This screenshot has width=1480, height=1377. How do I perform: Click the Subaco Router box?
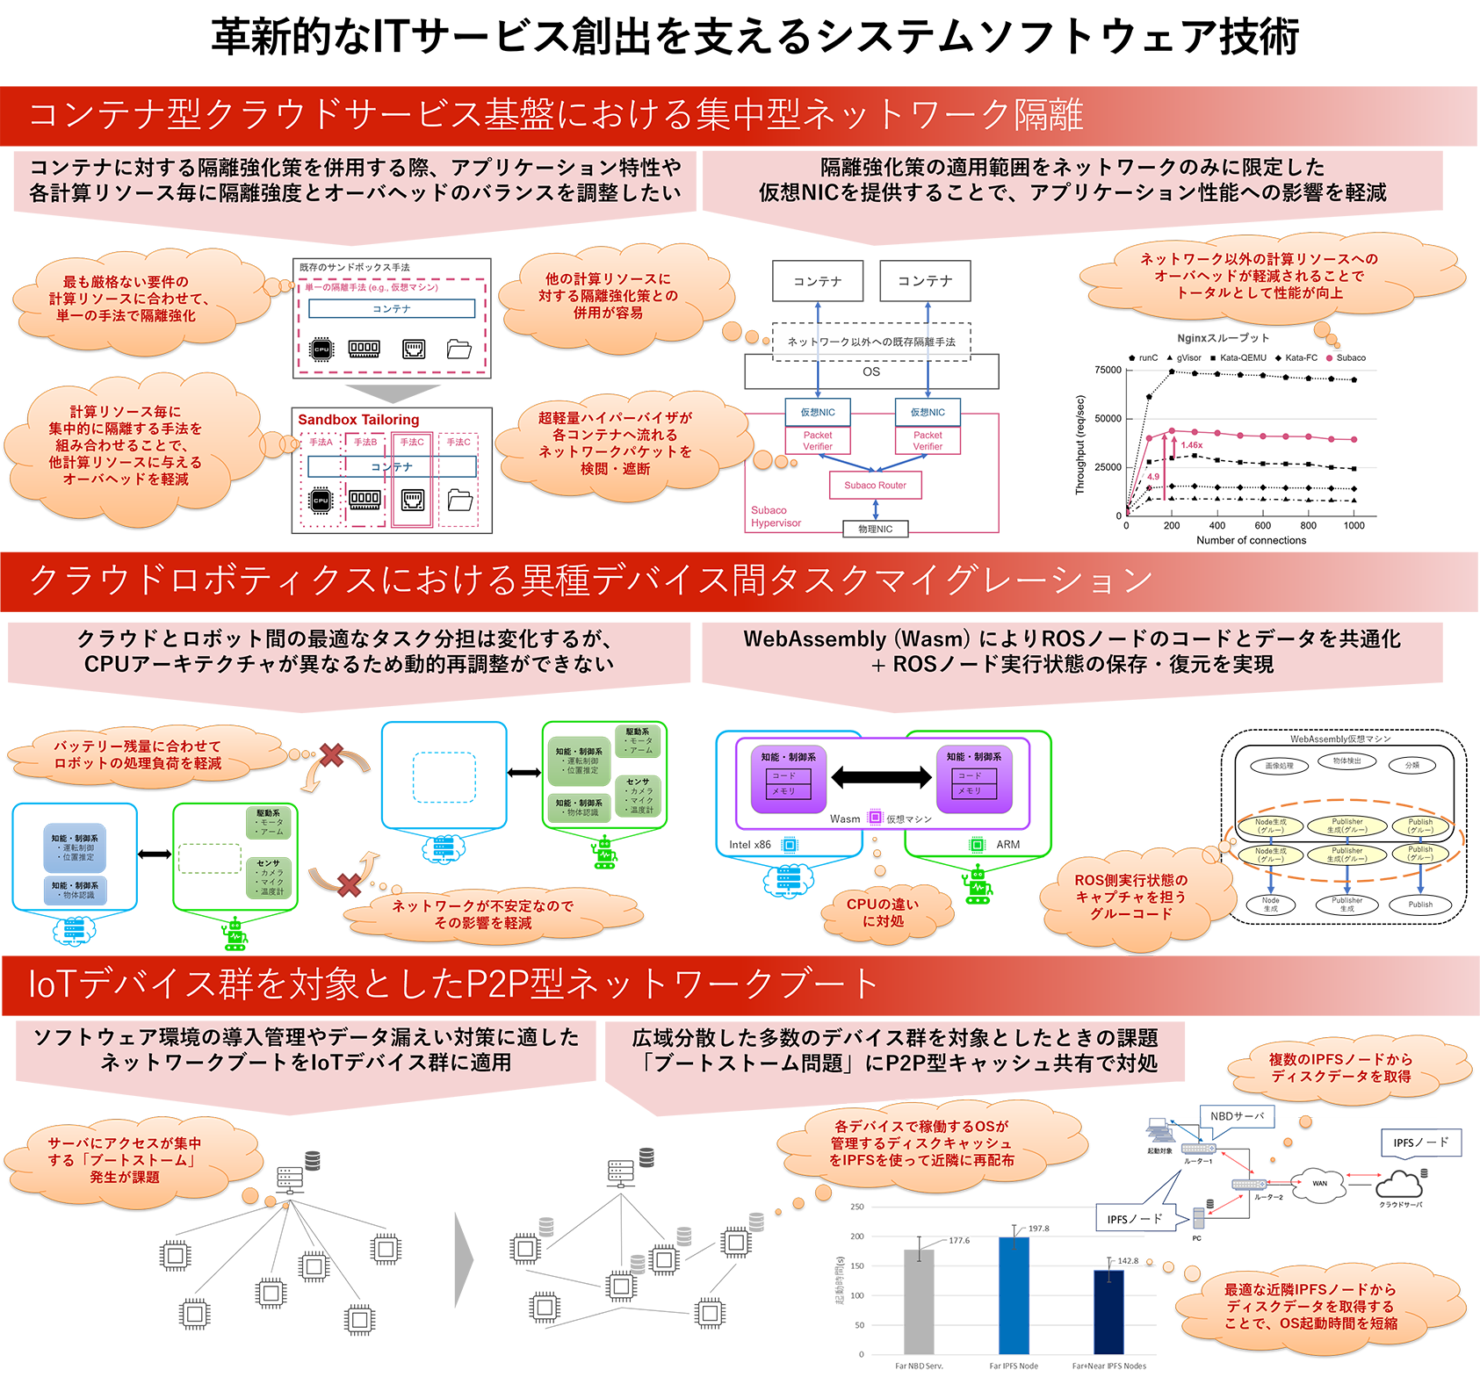click(876, 485)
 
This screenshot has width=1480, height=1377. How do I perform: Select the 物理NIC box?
click(875, 529)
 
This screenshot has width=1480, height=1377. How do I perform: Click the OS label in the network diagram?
click(870, 371)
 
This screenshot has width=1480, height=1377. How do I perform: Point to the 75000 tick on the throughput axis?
click(1108, 370)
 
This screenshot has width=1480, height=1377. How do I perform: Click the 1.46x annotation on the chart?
click(1192, 445)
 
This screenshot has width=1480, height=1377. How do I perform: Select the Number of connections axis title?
click(1251, 540)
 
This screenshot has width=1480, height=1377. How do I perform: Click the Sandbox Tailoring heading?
click(358, 420)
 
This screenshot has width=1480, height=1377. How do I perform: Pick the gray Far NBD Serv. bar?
click(919, 1301)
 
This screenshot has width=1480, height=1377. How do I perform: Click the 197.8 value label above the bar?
click(1038, 1229)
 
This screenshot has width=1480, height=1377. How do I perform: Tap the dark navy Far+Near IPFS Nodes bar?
click(1108, 1311)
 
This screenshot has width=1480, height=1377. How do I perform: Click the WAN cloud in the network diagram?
click(1319, 1183)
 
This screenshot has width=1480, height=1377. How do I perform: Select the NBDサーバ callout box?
click(1237, 1116)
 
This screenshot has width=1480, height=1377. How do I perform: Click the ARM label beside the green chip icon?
click(1007, 845)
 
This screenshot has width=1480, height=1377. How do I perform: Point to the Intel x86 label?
click(750, 845)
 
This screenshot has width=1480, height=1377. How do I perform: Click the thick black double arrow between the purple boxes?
click(881, 776)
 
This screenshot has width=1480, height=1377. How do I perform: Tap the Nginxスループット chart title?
click(1223, 338)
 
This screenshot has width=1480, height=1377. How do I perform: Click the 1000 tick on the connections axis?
click(1354, 525)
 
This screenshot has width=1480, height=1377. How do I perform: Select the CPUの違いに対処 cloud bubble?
click(883, 912)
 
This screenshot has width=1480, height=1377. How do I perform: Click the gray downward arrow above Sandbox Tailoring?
click(392, 393)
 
